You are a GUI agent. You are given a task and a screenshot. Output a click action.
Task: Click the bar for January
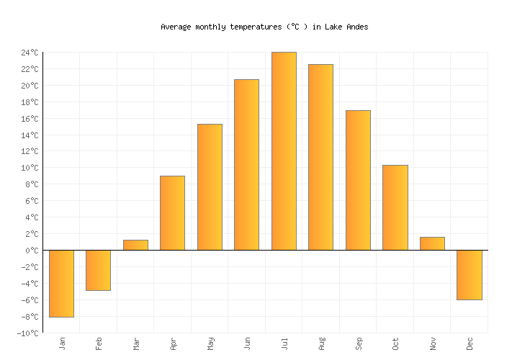coord(61,283)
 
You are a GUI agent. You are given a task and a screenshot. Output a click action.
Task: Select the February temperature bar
coord(98,270)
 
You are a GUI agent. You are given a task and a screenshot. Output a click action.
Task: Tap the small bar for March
coord(135,245)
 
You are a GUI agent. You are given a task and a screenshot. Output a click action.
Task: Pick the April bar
coord(172,213)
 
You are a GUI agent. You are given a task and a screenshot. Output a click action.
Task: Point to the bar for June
coord(246,165)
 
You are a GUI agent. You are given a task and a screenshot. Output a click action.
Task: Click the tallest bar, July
coord(284,151)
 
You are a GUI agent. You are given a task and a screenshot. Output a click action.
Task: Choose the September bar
coord(358,180)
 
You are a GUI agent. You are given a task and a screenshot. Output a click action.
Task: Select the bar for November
coord(432,243)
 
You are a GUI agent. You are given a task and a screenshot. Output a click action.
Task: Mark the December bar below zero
coord(469,274)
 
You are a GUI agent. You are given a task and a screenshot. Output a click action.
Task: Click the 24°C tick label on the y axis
coord(30,53)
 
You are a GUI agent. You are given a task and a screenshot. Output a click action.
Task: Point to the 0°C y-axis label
coord(32,251)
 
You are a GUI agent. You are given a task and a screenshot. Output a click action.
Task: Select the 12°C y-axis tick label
coord(30,152)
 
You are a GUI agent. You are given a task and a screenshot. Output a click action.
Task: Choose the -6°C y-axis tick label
coord(30,300)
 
